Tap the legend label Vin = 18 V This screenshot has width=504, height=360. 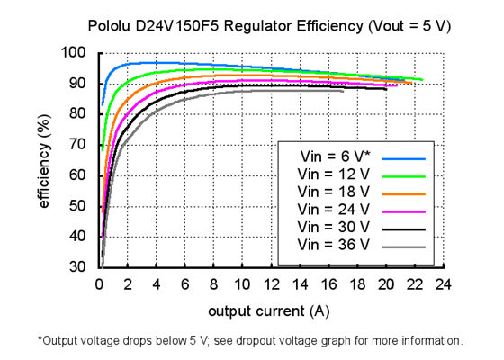point(332,192)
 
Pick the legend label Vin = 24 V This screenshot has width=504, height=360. point(332,209)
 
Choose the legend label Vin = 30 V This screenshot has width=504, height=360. point(332,227)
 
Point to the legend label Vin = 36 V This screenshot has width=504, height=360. point(332,244)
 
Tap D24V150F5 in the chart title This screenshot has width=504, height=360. point(185,27)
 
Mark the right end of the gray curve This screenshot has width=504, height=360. point(343,90)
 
